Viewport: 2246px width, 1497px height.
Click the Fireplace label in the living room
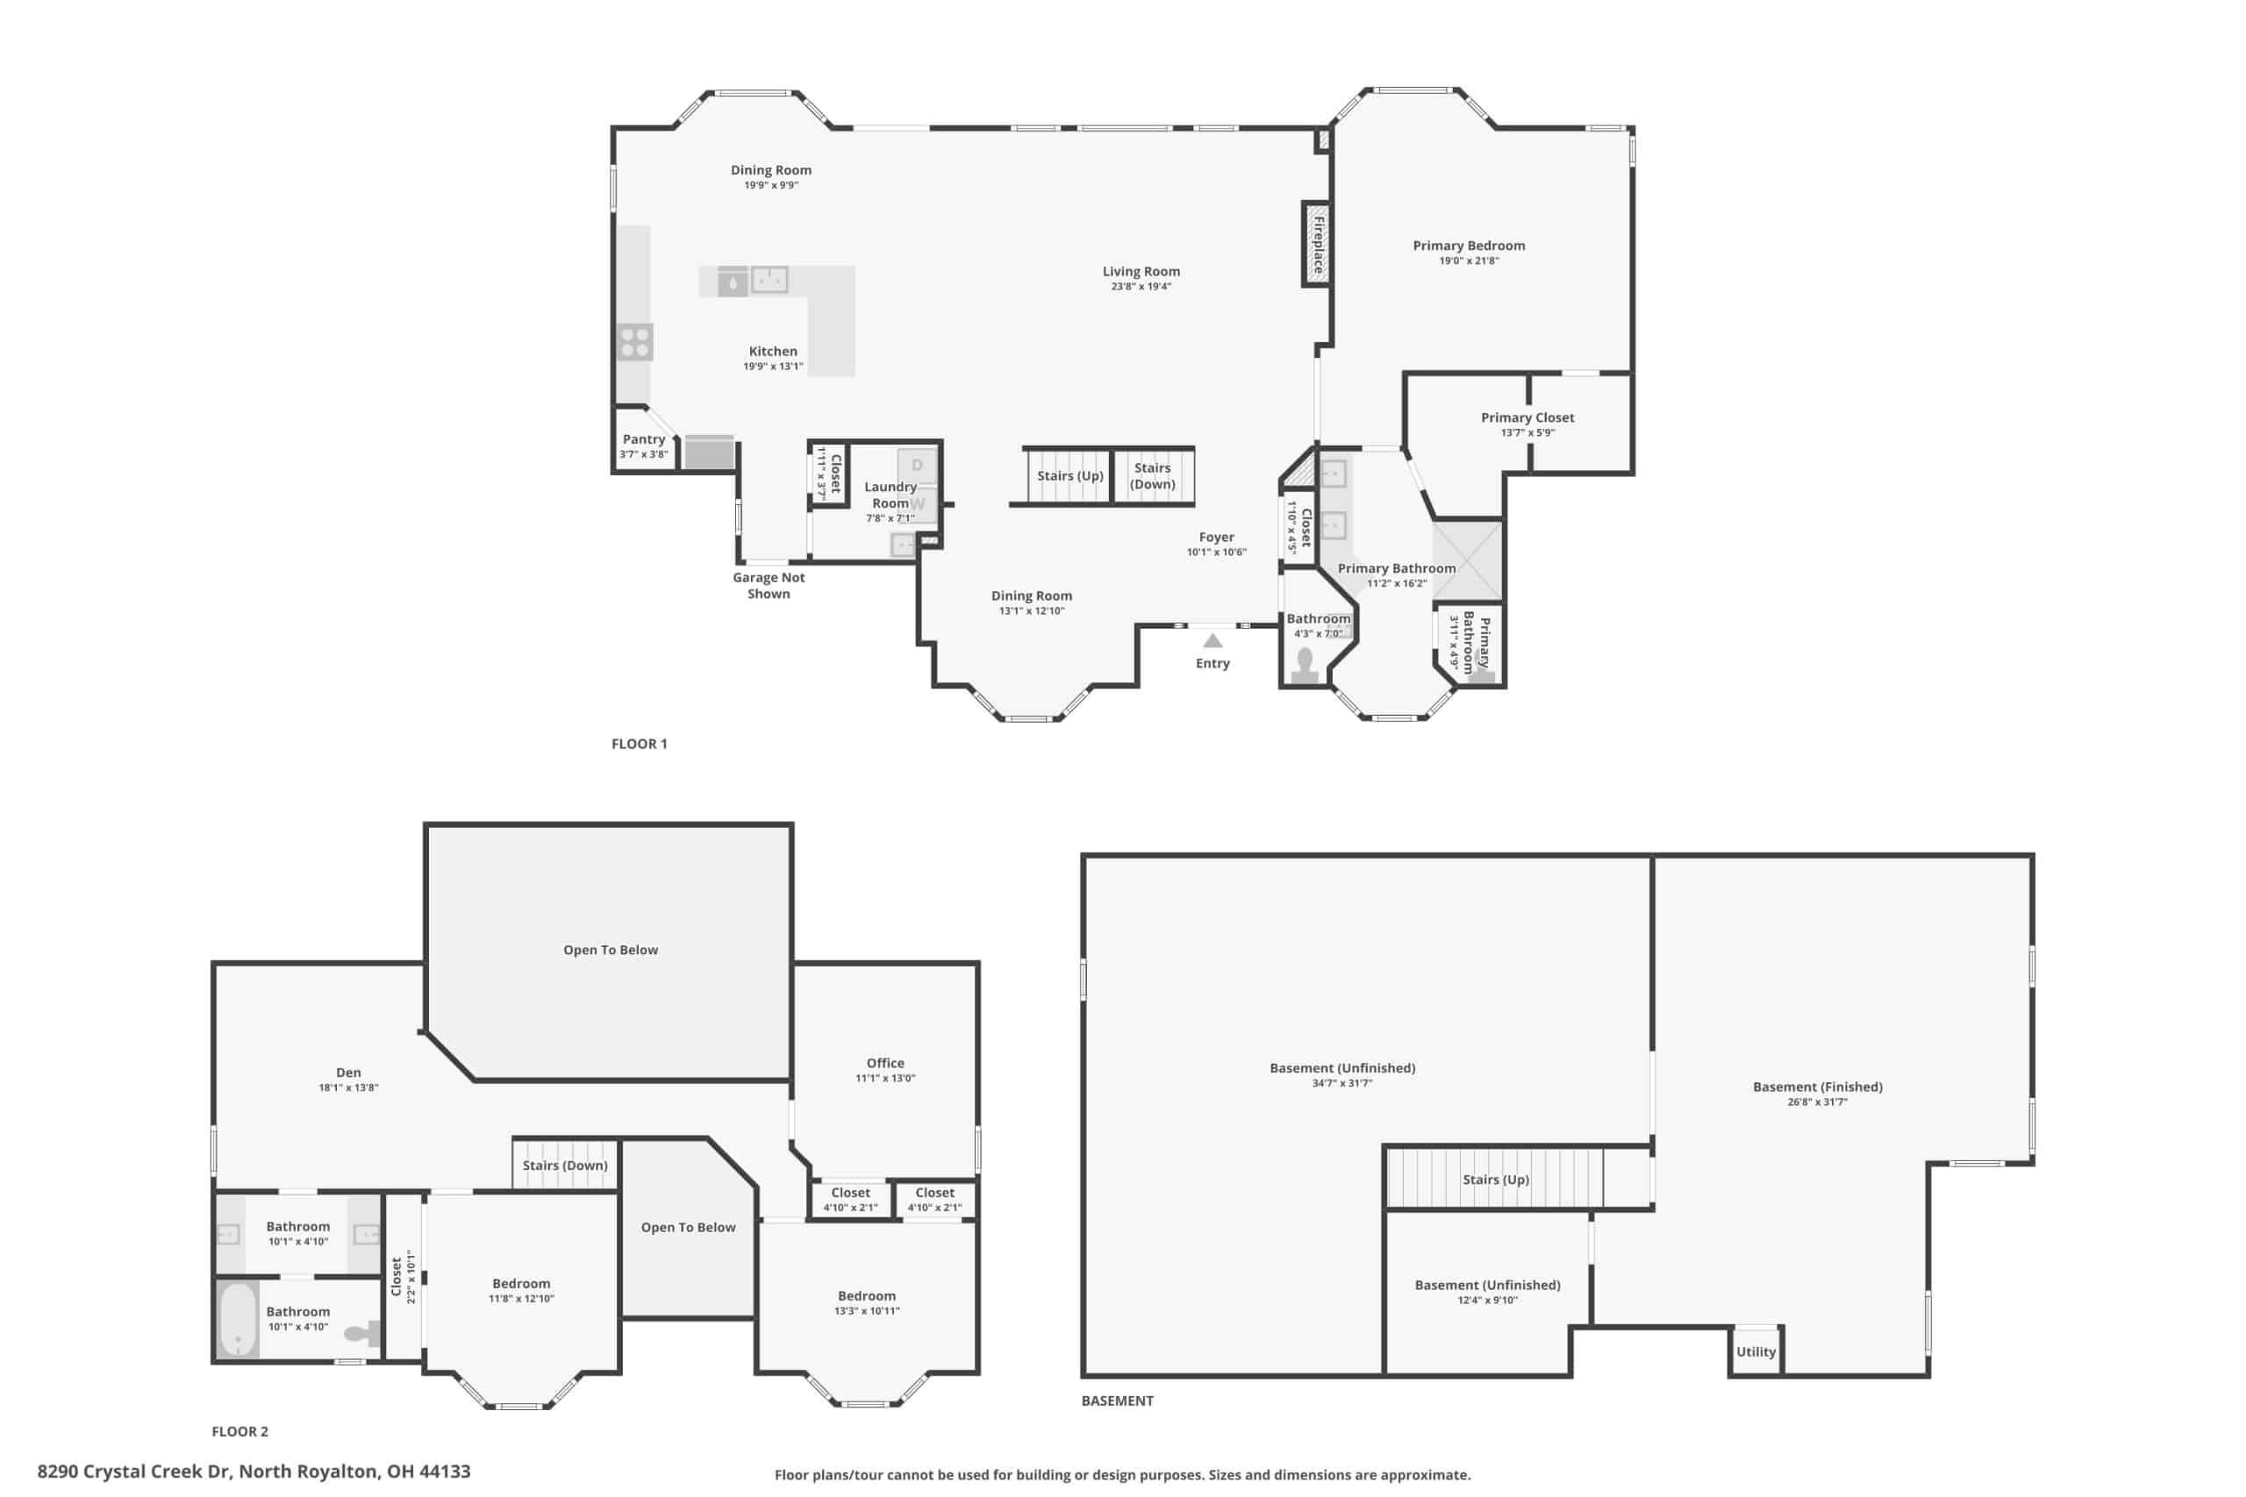coord(1318,246)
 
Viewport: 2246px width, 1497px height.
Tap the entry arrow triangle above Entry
coord(1212,640)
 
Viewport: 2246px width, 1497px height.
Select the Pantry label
coord(644,439)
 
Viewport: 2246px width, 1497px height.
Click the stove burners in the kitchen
coord(635,342)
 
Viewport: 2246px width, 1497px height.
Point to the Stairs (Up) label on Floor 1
coord(1070,475)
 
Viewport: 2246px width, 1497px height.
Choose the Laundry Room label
coord(890,495)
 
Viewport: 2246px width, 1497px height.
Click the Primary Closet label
coord(1527,417)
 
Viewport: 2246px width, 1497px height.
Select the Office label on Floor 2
coord(885,1063)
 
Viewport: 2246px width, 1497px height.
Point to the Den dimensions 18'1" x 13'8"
coord(348,1087)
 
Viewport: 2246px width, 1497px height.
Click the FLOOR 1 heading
coord(639,744)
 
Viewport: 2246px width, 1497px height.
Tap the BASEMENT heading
coord(1117,1401)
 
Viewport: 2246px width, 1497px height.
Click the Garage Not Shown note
coord(769,585)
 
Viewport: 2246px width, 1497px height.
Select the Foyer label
coord(1217,537)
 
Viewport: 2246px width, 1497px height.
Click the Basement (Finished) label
coord(1817,1087)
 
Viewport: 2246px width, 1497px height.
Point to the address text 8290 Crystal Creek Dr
coord(133,1472)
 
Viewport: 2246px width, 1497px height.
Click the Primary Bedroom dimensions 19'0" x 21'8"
coord(1469,260)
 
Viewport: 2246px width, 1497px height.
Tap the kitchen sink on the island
coord(769,280)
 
